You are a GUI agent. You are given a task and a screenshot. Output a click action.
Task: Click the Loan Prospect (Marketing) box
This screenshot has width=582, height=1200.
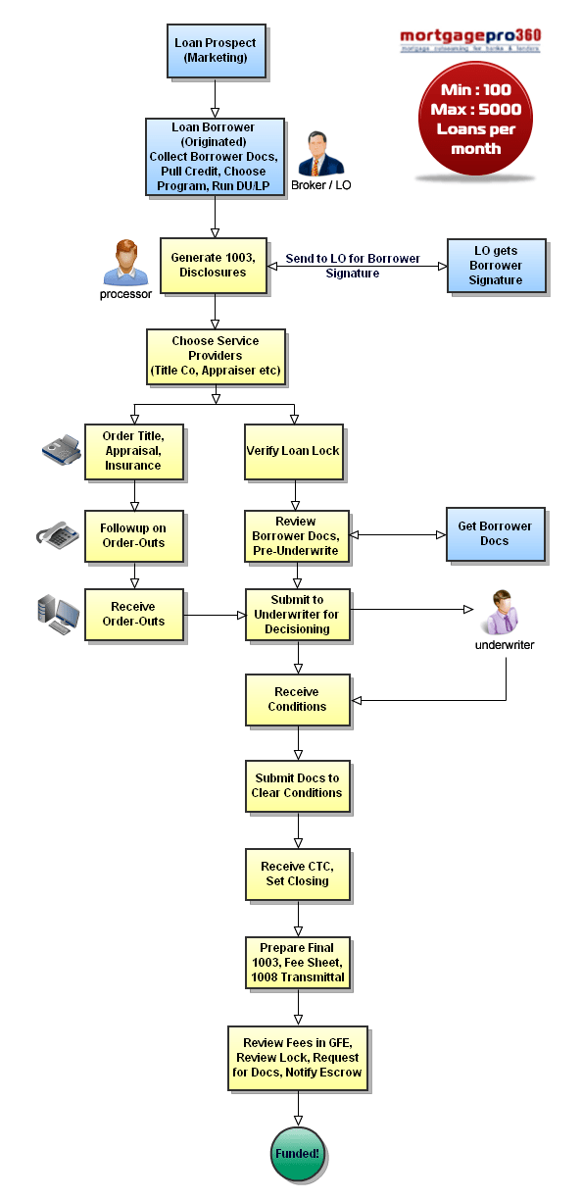click(215, 50)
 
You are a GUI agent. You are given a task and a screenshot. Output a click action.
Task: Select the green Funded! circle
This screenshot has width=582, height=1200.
click(297, 1153)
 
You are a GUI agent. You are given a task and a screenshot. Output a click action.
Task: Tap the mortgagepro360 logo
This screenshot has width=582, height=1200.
click(469, 40)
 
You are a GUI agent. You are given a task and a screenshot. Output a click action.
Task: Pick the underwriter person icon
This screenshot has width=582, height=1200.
click(506, 614)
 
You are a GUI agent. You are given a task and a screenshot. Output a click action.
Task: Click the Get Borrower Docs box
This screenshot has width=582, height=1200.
click(495, 533)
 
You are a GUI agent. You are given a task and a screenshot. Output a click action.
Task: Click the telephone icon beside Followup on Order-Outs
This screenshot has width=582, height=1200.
click(58, 534)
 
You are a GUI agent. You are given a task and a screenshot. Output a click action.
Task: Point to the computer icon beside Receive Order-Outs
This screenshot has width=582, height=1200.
click(59, 614)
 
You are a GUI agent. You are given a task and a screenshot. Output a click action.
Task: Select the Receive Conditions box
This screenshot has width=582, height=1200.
click(297, 699)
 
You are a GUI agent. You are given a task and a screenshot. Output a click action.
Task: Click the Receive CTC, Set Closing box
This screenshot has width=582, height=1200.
click(297, 874)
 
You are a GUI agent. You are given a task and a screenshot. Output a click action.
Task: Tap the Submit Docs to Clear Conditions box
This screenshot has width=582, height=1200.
click(297, 785)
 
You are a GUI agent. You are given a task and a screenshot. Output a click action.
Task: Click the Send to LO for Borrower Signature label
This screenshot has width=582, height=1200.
click(353, 266)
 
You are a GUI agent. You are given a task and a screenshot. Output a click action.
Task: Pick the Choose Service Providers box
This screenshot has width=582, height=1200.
click(215, 355)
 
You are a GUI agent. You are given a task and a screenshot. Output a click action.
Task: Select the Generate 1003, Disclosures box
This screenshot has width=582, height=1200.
click(214, 265)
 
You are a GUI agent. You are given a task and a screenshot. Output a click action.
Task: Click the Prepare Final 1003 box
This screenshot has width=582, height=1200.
click(297, 962)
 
